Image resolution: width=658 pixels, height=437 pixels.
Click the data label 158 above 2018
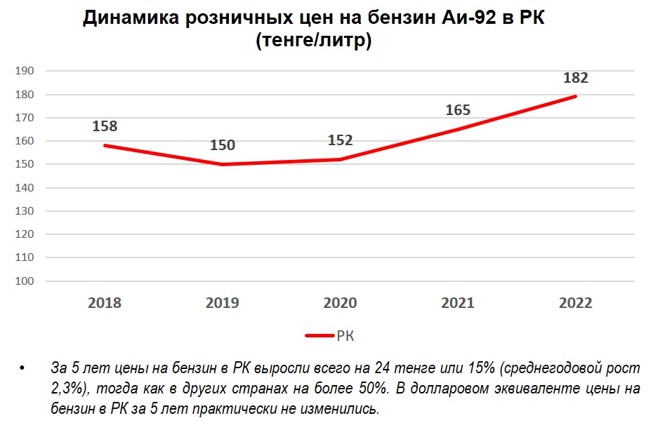(105, 127)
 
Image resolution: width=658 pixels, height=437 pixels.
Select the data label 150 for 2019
(223, 146)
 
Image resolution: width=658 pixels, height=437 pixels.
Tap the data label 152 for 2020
(340, 140)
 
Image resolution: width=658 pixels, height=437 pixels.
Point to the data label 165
(458, 110)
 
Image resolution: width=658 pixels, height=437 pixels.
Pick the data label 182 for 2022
(576, 78)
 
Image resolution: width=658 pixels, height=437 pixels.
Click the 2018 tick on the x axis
(105, 303)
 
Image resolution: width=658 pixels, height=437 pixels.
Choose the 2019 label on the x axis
(223, 303)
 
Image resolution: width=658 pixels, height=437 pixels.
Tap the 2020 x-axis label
(340, 303)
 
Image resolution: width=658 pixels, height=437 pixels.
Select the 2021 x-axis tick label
(458, 303)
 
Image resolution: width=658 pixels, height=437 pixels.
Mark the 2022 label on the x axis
(576, 303)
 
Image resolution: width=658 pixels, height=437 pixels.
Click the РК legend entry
(345, 336)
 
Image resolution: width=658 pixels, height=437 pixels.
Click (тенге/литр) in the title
(313, 41)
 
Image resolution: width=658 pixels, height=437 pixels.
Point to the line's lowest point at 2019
(223, 164)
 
